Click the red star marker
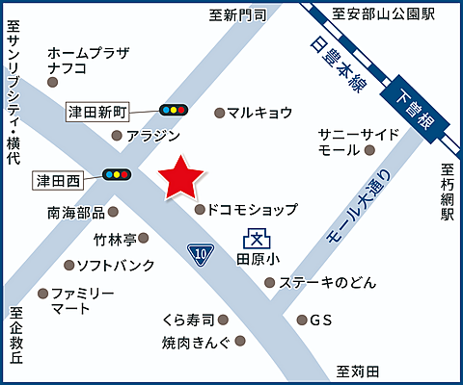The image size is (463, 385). tap(180, 176)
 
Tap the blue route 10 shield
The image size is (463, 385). tap(200, 253)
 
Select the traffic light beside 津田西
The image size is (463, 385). tap(116, 174)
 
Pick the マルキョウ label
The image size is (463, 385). tap(260, 113)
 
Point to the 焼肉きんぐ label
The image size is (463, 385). tap(197, 342)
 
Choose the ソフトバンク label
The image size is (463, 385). tap(116, 265)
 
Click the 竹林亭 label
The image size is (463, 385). tap(115, 238)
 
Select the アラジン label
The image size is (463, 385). tap(153, 136)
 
